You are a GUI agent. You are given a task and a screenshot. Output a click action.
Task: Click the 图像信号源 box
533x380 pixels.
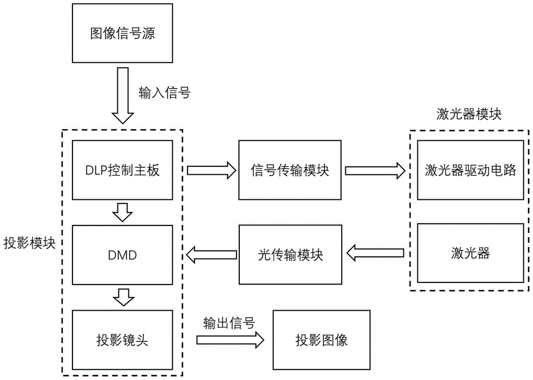(123, 34)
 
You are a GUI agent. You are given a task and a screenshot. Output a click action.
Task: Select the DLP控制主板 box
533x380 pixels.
(123, 171)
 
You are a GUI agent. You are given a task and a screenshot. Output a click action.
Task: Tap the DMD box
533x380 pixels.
(123, 255)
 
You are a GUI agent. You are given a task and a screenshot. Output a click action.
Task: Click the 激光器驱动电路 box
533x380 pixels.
(470, 171)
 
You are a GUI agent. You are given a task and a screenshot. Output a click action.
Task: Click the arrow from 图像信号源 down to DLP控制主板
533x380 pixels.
(123, 96)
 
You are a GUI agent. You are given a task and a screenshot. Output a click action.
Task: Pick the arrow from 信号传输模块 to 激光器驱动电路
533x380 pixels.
(375, 171)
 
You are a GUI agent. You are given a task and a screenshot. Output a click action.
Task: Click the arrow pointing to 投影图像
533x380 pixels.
(230, 339)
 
